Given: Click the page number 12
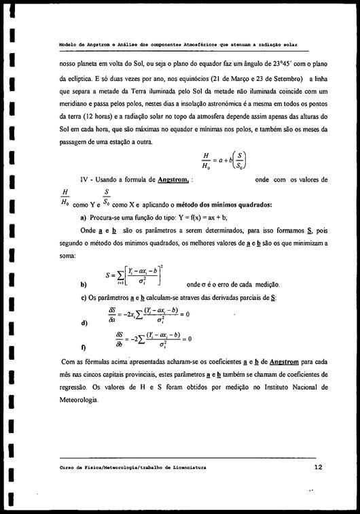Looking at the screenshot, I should pos(318,468).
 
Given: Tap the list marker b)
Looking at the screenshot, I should pos(84,284).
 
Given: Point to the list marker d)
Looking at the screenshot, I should pos(84,322).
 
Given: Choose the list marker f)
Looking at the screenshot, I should pos(83,347).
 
